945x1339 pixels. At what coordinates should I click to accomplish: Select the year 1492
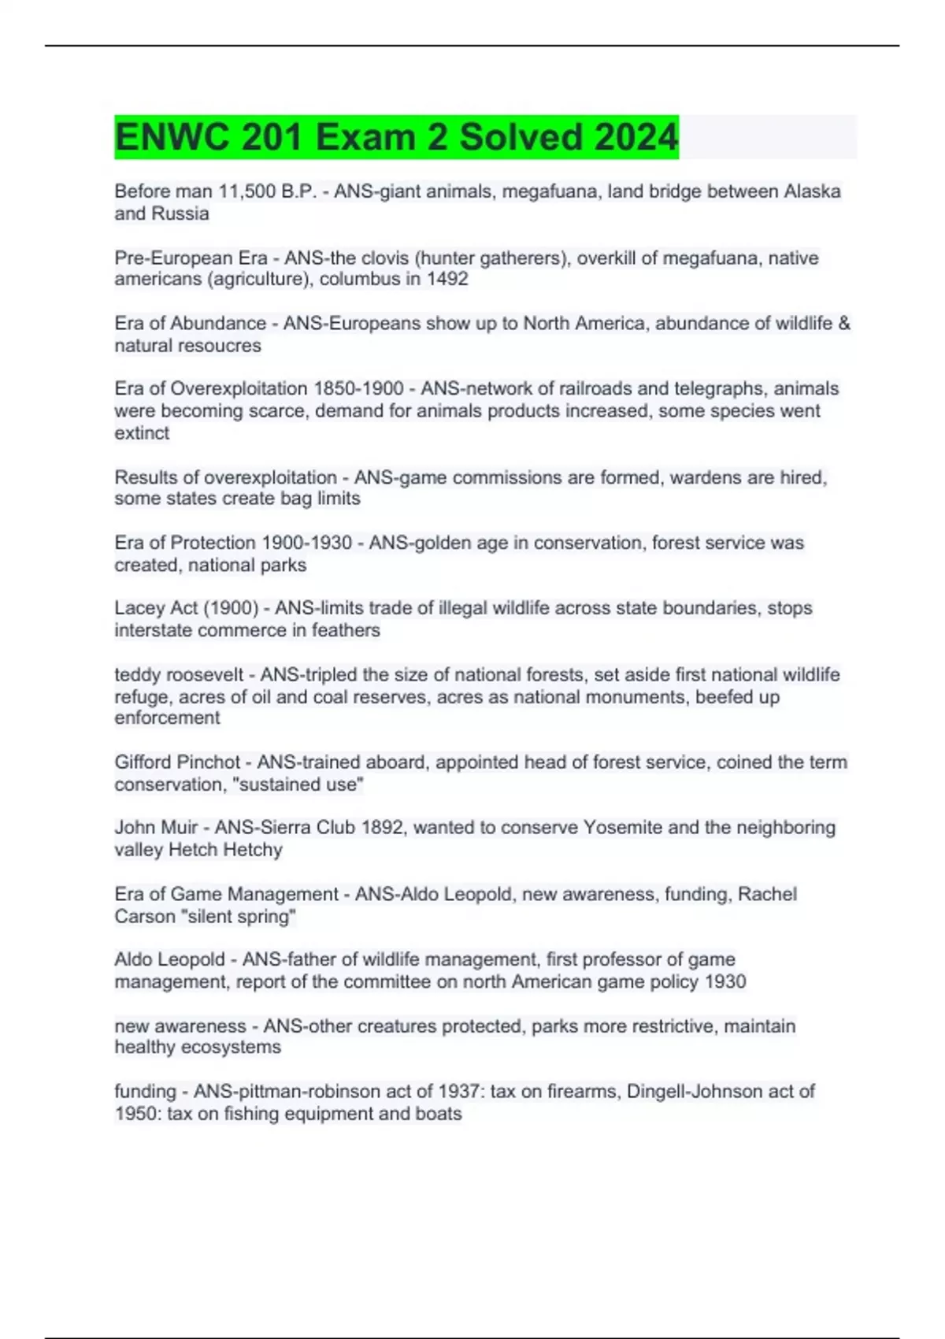[x=447, y=280]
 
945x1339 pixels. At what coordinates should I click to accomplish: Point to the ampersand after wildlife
[x=844, y=324]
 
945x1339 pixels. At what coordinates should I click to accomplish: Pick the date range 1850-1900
[x=358, y=389]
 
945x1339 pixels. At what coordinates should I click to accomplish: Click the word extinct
[x=142, y=433]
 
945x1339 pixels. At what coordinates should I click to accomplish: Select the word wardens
[x=702, y=477]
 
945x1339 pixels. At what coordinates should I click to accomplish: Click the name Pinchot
[x=209, y=762]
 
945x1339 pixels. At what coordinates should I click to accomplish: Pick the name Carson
[x=144, y=917]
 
